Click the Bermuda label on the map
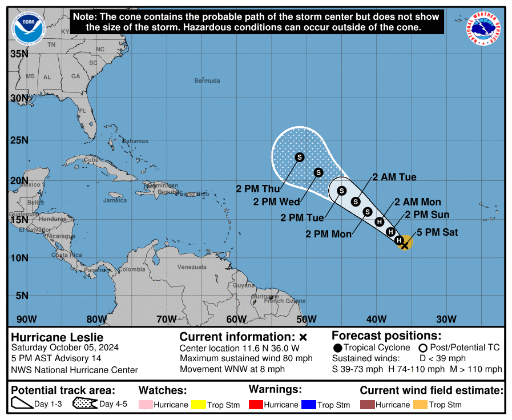(207, 80)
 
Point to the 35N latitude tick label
(19, 54)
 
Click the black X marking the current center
(404, 245)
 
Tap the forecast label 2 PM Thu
(257, 188)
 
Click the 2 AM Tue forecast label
(394, 177)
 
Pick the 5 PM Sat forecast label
(437, 232)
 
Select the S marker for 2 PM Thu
(300, 157)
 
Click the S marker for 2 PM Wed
(319, 172)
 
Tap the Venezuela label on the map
(192, 267)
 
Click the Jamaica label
(115, 200)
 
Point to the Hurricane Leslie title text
(57, 337)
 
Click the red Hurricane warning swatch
(256, 405)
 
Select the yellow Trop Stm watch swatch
(198, 405)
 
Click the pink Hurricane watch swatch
(145, 405)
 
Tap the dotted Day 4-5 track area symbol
(84, 404)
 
